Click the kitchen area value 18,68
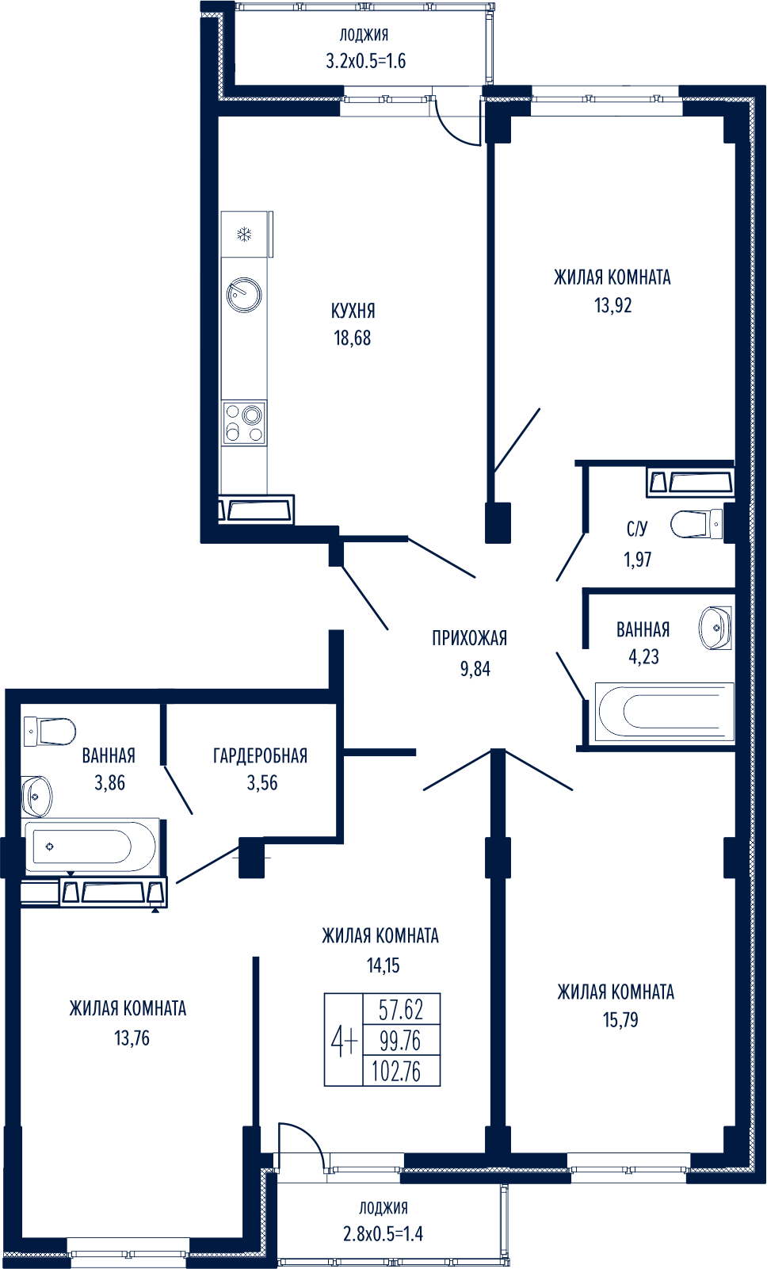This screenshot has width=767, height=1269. point(352,338)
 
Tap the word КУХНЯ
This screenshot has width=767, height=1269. point(353,311)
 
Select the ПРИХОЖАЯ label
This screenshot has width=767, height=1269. point(469,638)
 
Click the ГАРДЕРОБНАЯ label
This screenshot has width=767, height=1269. point(260,755)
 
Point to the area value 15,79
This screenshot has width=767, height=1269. point(620,1020)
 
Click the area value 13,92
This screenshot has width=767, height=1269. point(612,305)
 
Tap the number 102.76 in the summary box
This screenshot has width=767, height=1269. point(396,1072)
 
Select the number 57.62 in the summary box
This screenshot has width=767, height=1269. point(401,1010)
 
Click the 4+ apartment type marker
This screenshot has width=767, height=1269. point(344,1040)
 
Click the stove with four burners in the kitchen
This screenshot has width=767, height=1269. point(244,423)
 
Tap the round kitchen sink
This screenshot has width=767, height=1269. point(244,295)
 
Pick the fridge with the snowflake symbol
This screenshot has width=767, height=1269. point(246,235)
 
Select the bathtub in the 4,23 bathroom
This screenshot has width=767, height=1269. point(662,711)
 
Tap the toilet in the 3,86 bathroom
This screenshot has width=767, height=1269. point(52,730)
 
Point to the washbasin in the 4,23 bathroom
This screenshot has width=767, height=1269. point(715,627)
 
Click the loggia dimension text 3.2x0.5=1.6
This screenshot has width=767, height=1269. point(365,61)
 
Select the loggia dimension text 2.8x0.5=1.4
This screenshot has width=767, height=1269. point(383,1234)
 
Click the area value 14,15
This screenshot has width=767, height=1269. point(383,965)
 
